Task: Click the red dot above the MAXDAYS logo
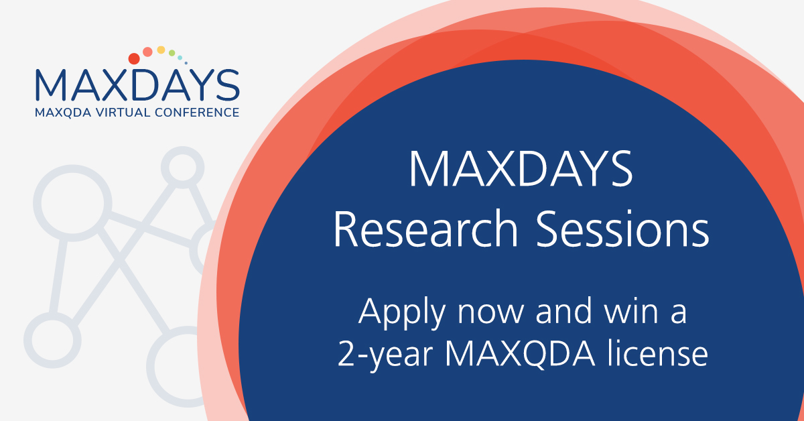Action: coord(134,58)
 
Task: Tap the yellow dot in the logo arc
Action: coord(161,50)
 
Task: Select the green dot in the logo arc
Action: coord(172,52)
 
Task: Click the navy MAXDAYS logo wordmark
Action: coord(137,85)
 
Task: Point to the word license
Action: coord(659,353)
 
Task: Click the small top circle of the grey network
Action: coord(182,167)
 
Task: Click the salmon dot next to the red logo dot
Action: coord(148,52)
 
